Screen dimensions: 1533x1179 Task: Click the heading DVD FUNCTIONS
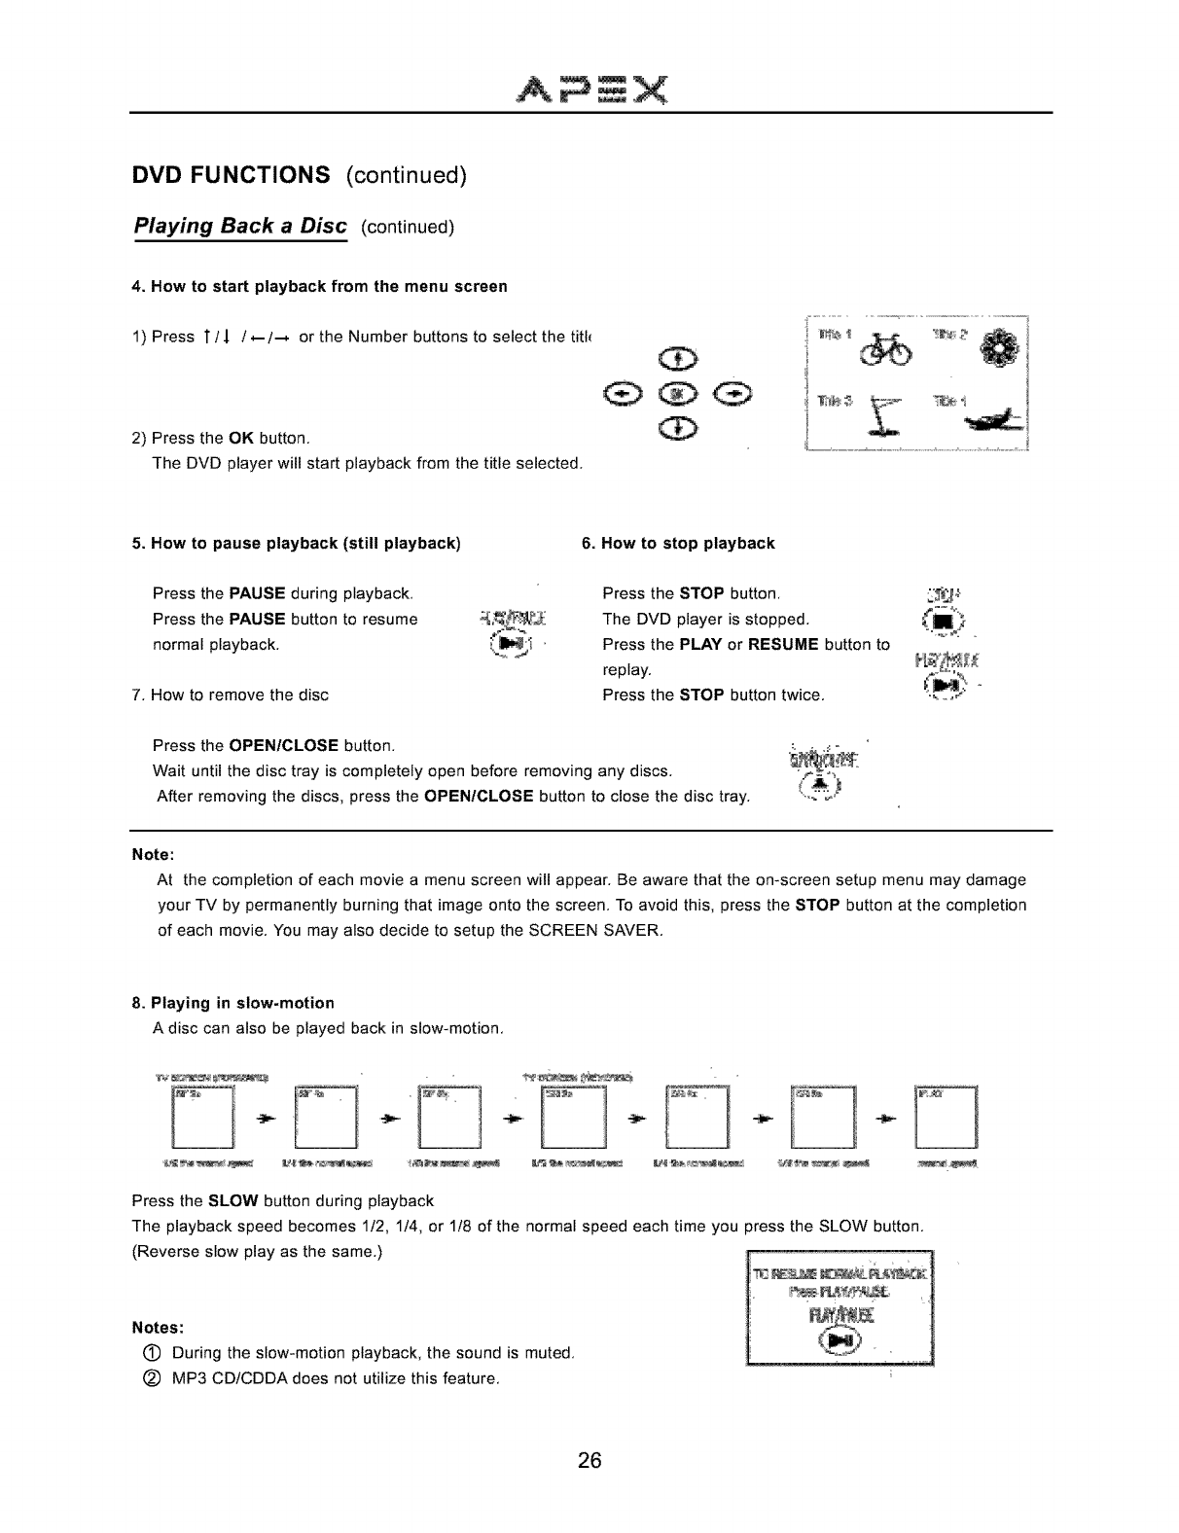[x=232, y=175]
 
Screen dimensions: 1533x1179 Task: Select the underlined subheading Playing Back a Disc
[x=240, y=227]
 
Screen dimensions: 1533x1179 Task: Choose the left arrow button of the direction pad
[x=620, y=395]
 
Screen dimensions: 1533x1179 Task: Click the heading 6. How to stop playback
[x=677, y=544]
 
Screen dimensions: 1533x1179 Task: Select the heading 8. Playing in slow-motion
[x=232, y=1003]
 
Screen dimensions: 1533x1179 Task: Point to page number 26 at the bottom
[x=589, y=1461]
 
